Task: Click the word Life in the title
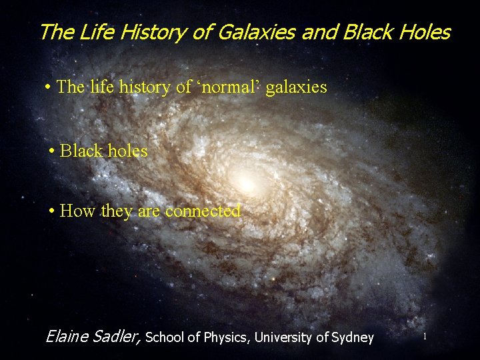pyautogui.click(x=93, y=32)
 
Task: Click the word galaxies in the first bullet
pyautogui.click(x=297, y=87)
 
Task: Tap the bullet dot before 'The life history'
pyautogui.click(x=49, y=88)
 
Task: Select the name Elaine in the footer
pyautogui.click(x=67, y=337)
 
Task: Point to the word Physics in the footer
pyautogui.click(x=225, y=337)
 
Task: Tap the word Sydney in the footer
pyautogui.click(x=352, y=338)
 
